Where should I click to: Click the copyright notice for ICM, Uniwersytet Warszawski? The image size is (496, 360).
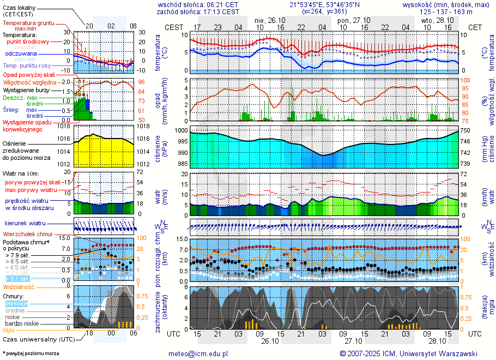click(x=408, y=353)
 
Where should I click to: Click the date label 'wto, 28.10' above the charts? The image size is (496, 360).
click(x=438, y=20)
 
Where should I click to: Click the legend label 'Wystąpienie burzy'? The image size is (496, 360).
click(x=26, y=89)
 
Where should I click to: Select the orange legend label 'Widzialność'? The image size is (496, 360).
click(x=19, y=286)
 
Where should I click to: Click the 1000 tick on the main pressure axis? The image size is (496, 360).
click(x=181, y=131)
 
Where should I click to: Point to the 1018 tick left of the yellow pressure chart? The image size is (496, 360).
click(x=64, y=126)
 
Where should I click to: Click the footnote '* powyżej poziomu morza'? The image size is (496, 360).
click(x=31, y=353)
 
